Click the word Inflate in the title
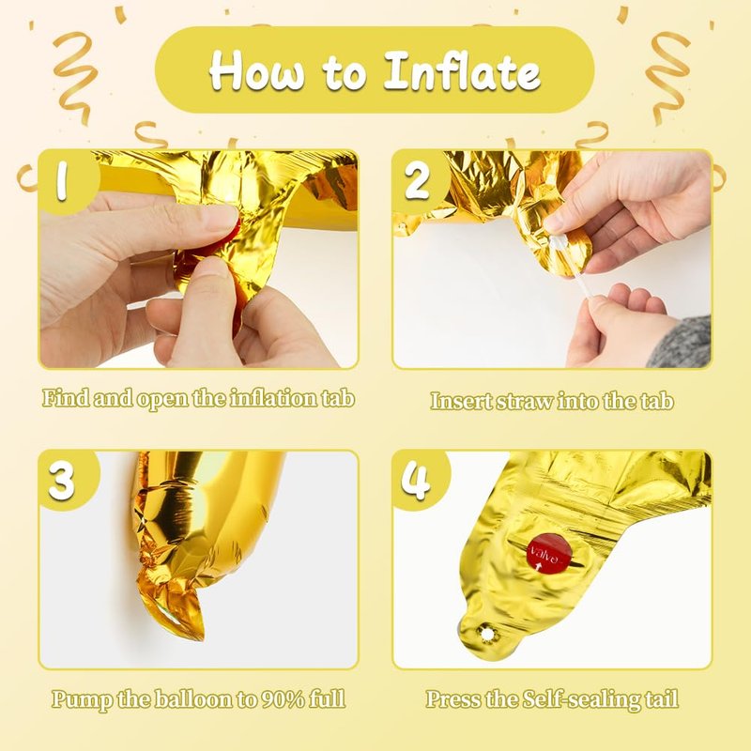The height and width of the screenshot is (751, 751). click(x=462, y=72)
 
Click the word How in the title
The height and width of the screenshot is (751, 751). click(x=256, y=72)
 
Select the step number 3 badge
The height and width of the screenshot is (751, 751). click(x=62, y=481)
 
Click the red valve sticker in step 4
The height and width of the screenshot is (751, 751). click(x=549, y=554)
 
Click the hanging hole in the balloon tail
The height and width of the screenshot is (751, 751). click(x=486, y=635)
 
